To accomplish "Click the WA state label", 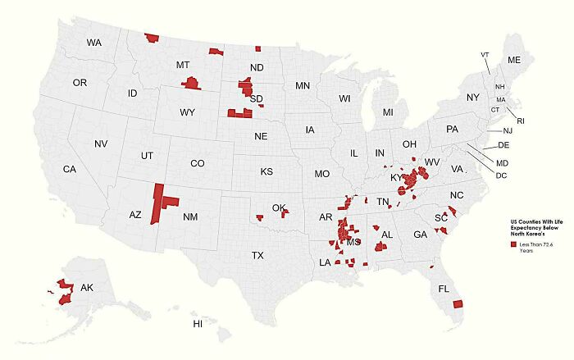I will [94, 42].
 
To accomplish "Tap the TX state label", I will [257, 256].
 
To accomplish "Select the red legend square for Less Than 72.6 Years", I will [512, 244].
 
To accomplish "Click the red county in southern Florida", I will [458, 304].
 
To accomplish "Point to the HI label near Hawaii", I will [198, 325].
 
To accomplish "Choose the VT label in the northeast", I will [485, 54].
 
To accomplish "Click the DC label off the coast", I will [501, 175].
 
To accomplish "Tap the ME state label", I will [514, 61].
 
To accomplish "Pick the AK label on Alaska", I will [86, 288].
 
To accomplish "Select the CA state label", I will [70, 169].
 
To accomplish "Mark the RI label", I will [520, 121].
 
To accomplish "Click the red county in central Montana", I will [191, 83].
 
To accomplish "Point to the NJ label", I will [508, 131].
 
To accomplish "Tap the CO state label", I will [197, 163].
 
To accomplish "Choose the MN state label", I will [303, 85].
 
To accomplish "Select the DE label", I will [503, 145].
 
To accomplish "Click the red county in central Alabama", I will [380, 246].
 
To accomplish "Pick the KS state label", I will [266, 172].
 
